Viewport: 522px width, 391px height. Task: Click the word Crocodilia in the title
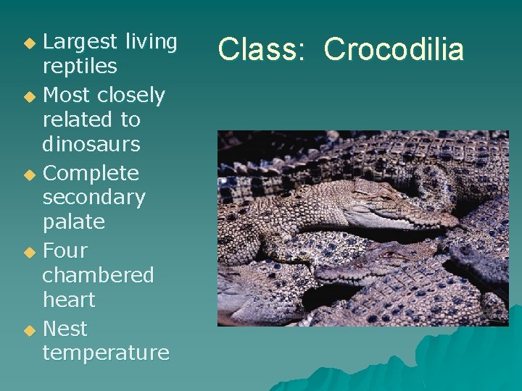394,49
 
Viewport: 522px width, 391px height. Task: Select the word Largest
80,42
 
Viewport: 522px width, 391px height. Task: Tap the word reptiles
80,67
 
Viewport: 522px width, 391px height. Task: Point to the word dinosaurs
91,144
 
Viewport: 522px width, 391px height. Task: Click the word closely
131,96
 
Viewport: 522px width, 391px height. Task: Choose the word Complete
91,174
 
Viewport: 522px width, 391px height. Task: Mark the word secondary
94,198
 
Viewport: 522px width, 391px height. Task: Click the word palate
73,222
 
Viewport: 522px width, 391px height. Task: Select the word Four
65,251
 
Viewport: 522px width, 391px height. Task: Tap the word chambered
98,275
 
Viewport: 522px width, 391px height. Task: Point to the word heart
69,300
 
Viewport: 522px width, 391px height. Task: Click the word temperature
106,353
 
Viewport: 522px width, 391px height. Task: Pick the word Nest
65,329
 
